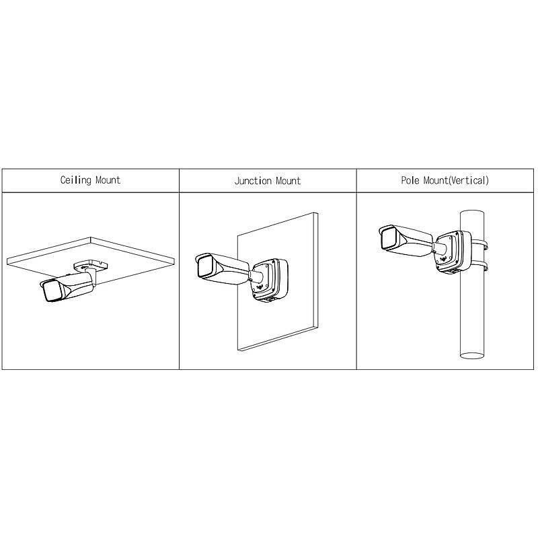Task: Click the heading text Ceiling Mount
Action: tap(91, 180)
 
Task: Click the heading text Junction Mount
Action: tap(267, 181)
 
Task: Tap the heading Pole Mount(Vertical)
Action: tap(445, 180)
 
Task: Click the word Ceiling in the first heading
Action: tap(75, 180)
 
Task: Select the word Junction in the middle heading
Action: tap(252, 181)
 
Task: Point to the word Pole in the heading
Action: tap(410, 180)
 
